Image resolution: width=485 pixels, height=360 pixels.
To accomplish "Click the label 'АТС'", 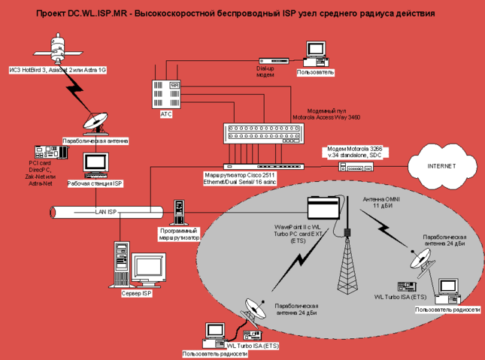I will (166, 113).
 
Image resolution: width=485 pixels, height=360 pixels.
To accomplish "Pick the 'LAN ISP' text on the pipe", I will (106, 212).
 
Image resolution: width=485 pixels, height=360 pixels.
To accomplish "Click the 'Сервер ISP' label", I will (135, 292).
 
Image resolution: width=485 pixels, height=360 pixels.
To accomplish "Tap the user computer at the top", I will (314, 53).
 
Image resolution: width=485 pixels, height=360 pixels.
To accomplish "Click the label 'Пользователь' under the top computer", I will (316, 72).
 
